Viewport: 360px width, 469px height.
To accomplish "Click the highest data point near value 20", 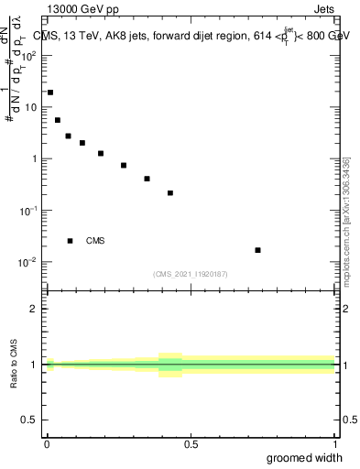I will [50, 93].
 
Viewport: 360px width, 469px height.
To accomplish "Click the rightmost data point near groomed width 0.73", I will [257, 250].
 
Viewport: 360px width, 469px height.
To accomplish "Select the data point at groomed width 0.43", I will [170, 193].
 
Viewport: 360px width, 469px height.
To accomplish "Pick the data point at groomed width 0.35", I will [147, 179].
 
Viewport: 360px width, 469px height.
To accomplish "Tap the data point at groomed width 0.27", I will [124, 166].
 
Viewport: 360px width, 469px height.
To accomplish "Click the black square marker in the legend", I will [70, 241].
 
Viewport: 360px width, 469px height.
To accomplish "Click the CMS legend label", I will [95, 241].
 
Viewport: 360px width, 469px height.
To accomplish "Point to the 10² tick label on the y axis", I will [31, 55].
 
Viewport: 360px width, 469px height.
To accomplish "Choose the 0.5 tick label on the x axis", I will [191, 444].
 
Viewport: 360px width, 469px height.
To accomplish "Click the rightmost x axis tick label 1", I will [334, 444].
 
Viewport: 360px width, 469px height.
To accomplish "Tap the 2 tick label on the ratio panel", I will [36, 309].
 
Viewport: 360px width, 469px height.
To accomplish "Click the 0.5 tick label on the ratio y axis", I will [32, 420].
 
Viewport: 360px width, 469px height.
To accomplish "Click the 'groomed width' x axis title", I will [305, 458].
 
